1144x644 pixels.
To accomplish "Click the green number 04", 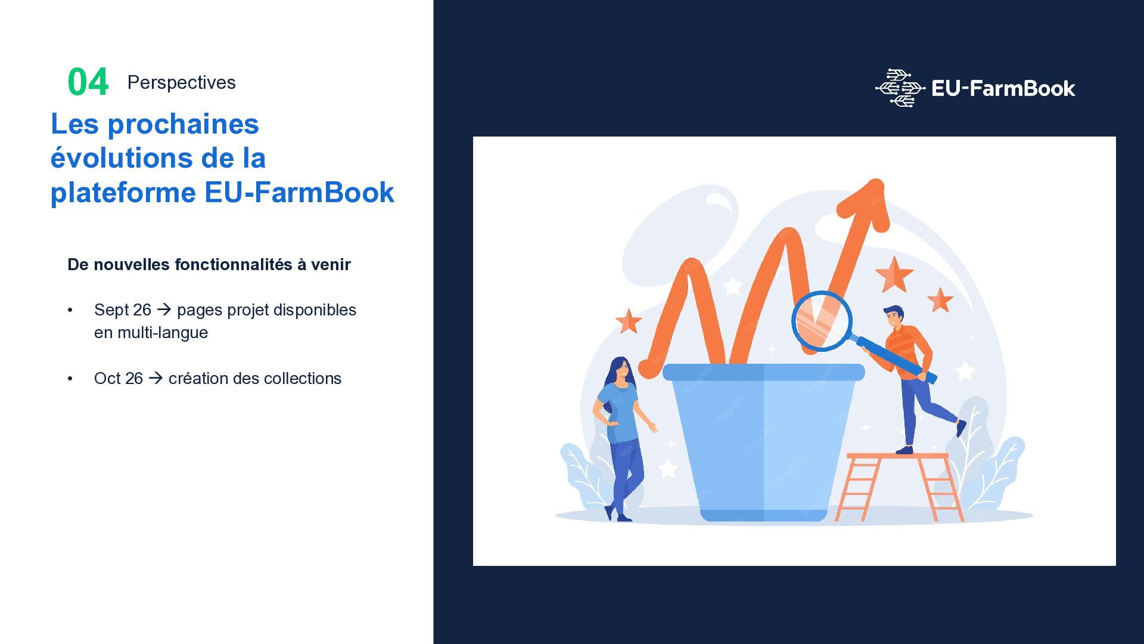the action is pos(88,82).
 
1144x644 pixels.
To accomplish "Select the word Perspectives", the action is pos(181,82).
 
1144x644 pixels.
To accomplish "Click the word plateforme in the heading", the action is pos(123,193).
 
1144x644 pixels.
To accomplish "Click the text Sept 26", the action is pos(123,310).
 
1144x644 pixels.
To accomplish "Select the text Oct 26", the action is pos(118,379).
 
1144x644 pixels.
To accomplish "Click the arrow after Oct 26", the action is pos(156,378).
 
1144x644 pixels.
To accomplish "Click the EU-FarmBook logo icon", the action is pos(900,88).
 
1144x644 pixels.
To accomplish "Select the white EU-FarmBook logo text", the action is pos(1003,89).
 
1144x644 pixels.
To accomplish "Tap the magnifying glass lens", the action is pos(822,321).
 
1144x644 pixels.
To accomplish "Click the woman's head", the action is pos(620,370).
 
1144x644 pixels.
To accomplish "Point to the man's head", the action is pos(894,316).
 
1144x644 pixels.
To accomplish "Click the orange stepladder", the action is pos(899,487).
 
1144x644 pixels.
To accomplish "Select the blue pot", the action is pos(763,442).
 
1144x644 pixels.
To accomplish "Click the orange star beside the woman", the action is pos(629,321).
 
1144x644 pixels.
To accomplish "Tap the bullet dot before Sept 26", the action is pos(70,310).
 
